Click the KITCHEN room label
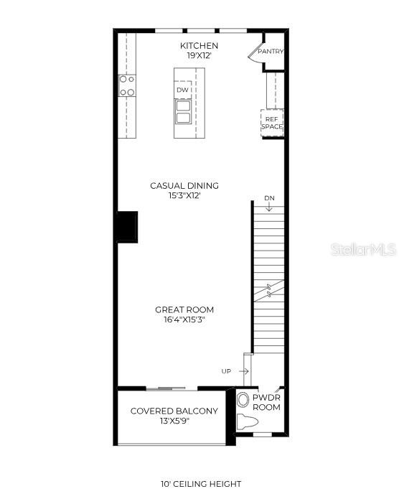pos(199,45)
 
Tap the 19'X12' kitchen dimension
pos(199,55)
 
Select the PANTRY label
pos(271,51)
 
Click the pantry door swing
pos(255,53)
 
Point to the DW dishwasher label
pos(182,90)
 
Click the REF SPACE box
pos(272,123)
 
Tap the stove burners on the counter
pos(127,86)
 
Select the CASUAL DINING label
pos(184,185)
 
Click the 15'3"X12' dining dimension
pos(184,195)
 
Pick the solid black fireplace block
pos(128,226)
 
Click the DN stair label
pos(269,197)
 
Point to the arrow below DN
pos(269,207)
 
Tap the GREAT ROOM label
pos(184,309)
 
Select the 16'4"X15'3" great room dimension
pos(184,320)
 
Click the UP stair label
pos(226,371)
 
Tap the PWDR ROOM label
pos(266,402)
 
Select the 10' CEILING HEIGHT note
pos(200,484)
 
